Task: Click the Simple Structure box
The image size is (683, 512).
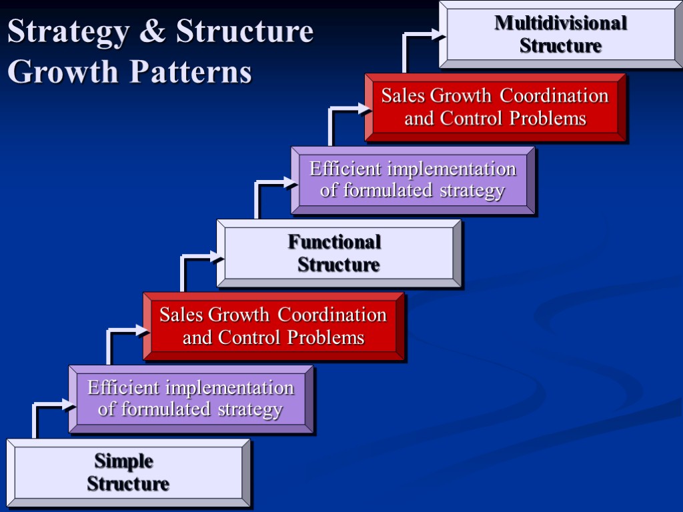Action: point(128,473)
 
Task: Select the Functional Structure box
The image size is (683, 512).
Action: point(339,253)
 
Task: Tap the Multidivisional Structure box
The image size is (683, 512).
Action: point(560,35)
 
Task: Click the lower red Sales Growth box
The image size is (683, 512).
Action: point(273,326)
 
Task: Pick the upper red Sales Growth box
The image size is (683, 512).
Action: point(495,107)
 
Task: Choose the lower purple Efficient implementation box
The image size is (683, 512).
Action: point(191,399)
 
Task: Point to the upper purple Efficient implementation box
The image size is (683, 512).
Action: point(413,180)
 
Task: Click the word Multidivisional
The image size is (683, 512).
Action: point(560,23)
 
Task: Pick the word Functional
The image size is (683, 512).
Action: point(335,242)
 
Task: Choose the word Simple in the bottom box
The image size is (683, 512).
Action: point(124,461)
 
